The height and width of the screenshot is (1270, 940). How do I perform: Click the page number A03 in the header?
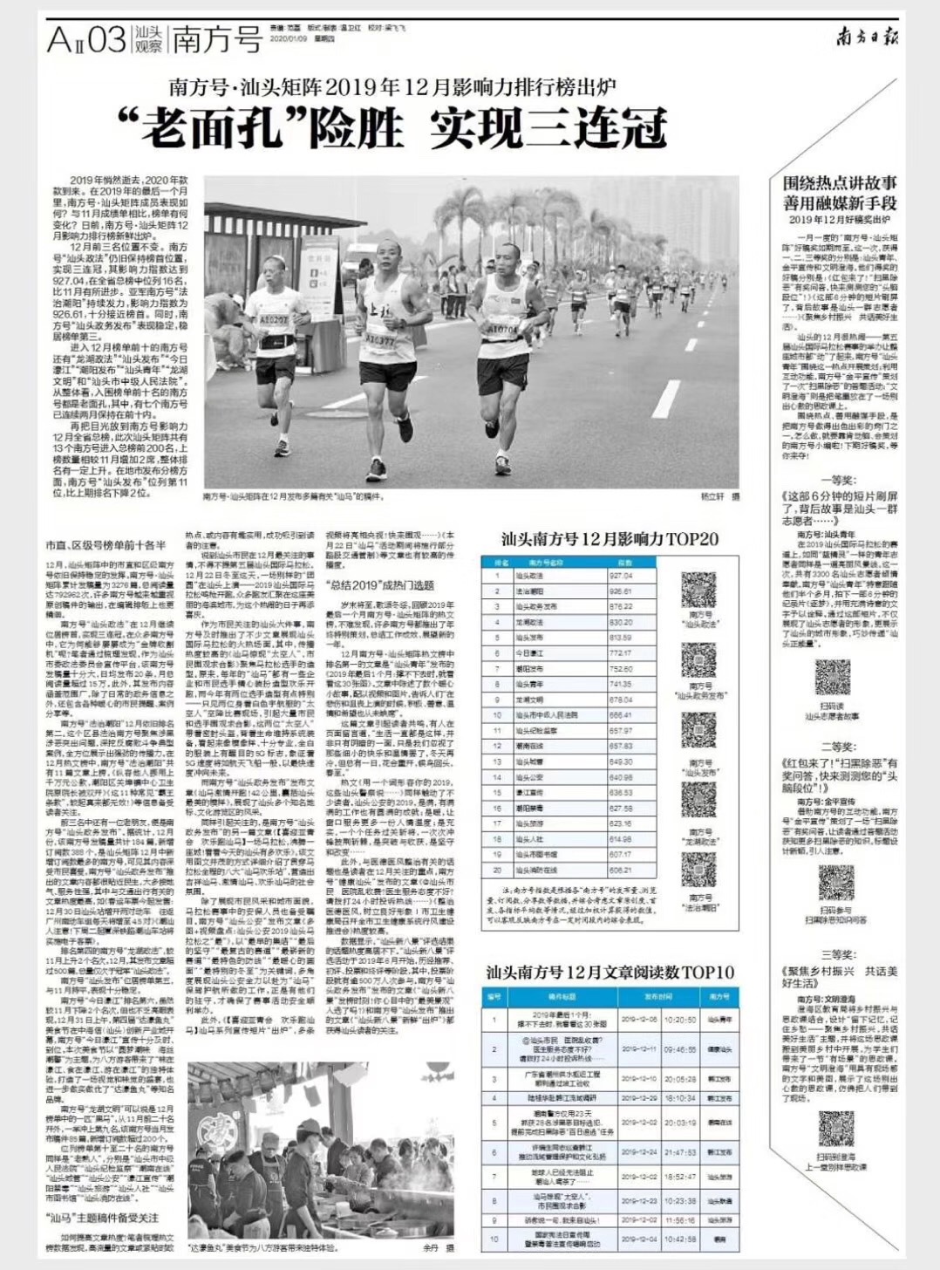pos(86,40)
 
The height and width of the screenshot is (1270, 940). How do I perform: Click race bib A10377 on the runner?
pos(380,338)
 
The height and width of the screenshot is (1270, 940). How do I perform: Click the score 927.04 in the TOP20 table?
pos(621,576)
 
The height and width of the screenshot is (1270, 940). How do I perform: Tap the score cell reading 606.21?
pos(621,871)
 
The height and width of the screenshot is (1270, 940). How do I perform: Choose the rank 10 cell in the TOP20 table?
pos(497,715)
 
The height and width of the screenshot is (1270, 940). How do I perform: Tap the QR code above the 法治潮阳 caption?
pos(698,869)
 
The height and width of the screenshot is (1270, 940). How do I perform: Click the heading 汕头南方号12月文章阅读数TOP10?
pos(610,972)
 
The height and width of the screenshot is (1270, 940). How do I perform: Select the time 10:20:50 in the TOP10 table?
pos(680,1019)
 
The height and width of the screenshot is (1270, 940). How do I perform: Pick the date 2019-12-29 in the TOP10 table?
pos(639,1098)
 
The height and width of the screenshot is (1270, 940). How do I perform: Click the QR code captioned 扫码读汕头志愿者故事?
pos(832,678)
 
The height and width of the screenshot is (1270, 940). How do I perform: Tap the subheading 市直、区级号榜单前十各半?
pos(106,545)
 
